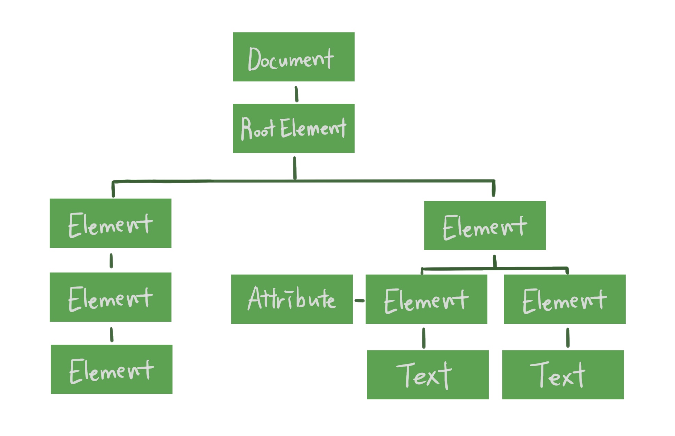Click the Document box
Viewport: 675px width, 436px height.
point(293,57)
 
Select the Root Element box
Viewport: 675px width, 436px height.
point(293,128)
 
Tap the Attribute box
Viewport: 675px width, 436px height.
point(292,299)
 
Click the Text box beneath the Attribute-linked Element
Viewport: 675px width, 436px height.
point(428,375)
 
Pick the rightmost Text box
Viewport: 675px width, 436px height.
point(563,375)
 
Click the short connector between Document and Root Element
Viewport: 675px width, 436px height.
point(296,94)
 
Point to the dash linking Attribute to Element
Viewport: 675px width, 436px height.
point(359,300)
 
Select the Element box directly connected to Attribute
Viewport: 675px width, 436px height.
point(426,299)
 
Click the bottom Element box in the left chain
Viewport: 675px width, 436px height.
point(111,369)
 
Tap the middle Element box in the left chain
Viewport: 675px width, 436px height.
point(110,297)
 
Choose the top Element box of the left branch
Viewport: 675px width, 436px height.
point(110,223)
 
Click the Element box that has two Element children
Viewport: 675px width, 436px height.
point(485,226)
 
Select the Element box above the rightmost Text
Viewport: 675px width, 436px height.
point(564,299)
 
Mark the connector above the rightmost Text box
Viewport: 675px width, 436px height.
point(568,337)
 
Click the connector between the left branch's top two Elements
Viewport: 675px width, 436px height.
point(111,261)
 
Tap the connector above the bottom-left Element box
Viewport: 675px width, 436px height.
point(112,334)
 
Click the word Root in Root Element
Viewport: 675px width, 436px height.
point(257,129)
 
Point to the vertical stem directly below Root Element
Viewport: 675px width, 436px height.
point(294,168)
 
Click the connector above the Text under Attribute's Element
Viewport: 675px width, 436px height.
point(423,338)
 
